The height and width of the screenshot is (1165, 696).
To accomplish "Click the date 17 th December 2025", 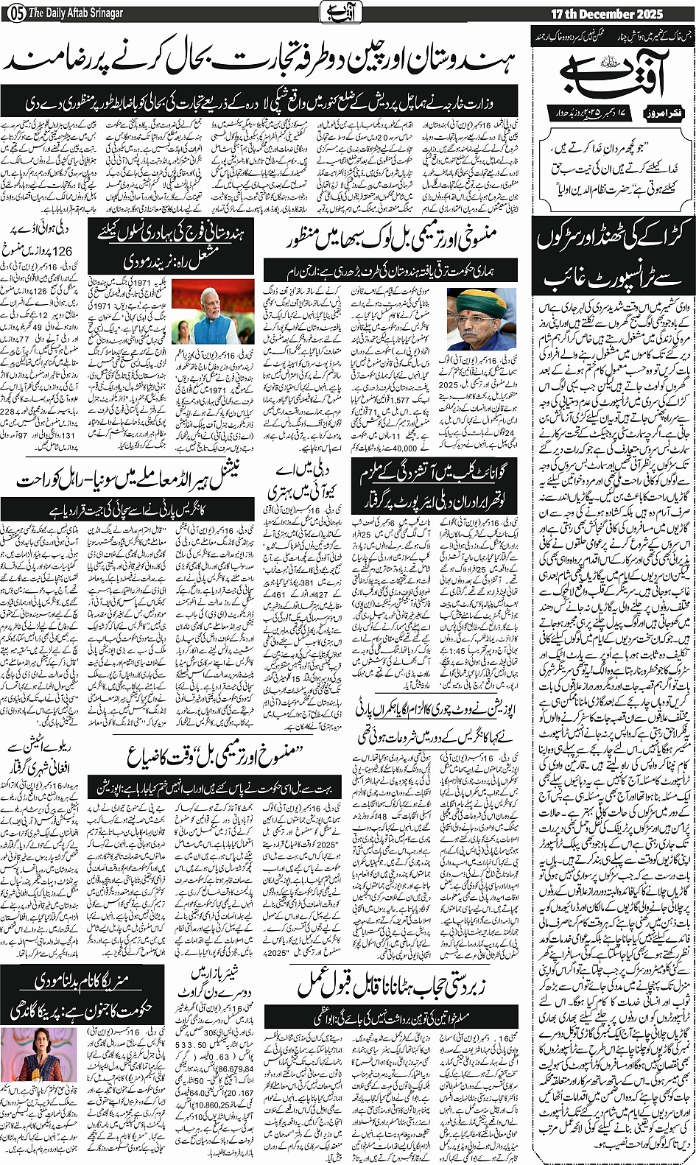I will (x=607, y=13).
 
